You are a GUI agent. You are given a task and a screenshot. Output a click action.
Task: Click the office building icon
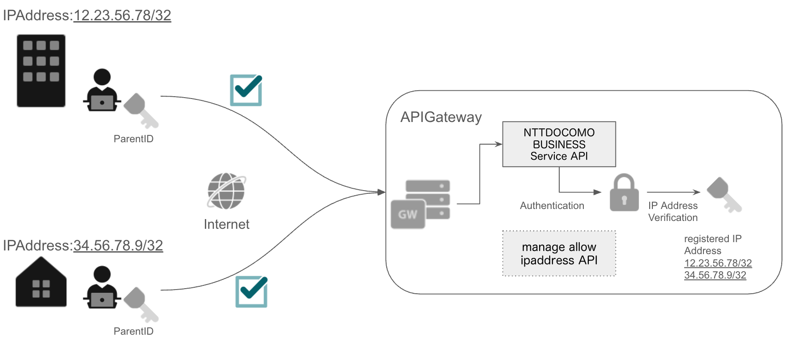[x=41, y=71]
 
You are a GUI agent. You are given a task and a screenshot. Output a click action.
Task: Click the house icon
[x=41, y=282]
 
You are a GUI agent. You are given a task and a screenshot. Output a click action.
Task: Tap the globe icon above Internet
[x=226, y=191]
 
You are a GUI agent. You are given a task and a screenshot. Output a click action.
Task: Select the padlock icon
[x=624, y=193]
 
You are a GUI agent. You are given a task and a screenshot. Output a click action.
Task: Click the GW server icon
[x=420, y=204]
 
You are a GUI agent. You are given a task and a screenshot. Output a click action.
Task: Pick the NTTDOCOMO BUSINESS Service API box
[x=559, y=144]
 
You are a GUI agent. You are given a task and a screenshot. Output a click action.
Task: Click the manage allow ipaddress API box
[x=559, y=254]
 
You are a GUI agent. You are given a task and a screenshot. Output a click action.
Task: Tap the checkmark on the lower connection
[x=251, y=291]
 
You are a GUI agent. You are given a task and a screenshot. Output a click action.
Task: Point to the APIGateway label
[x=441, y=117]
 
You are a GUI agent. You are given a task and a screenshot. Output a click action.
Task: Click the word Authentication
[x=552, y=206]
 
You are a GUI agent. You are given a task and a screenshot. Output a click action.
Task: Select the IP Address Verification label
[x=673, y=212]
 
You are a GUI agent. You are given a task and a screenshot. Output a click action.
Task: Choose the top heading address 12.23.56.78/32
[x=122, y=16]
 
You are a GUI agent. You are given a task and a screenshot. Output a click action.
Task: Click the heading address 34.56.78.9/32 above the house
[x=118, y=246]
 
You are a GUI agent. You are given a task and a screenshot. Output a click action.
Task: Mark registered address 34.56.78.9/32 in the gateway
[x=715, y=275]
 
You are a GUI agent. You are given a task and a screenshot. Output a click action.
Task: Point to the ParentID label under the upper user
[x=133, y=139]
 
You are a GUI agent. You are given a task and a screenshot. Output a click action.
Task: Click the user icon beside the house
[x=102, y=287]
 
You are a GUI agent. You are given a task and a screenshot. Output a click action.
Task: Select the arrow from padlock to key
[x=673, y=192]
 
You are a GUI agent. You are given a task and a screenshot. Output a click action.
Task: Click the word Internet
[x=227, y=224]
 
